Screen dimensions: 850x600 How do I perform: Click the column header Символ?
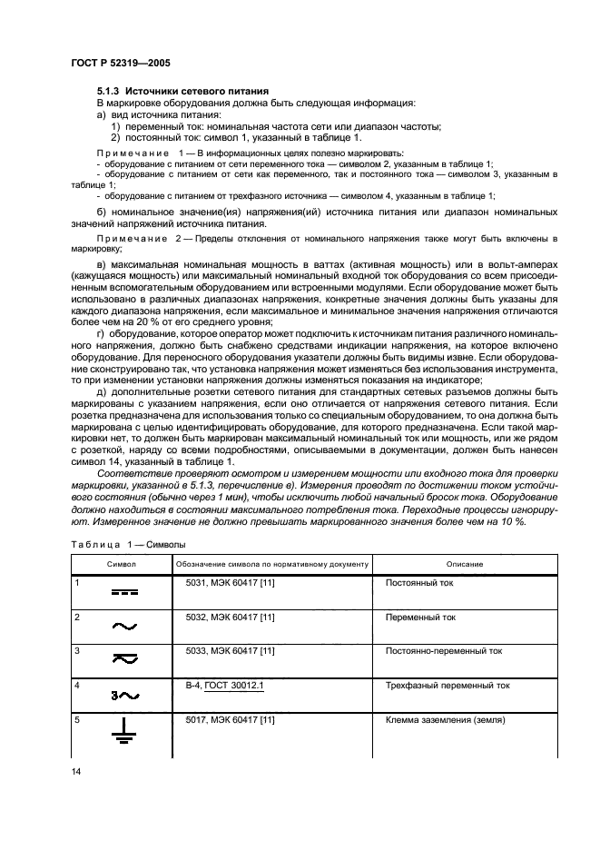coord(120,564)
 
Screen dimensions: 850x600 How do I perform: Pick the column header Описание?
coord(464,564)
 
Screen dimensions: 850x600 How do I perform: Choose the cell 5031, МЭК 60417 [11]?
coord(230,582)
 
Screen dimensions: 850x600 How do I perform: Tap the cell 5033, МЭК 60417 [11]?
coord(230,651)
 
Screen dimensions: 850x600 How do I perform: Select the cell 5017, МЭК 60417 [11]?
coord(230,720)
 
